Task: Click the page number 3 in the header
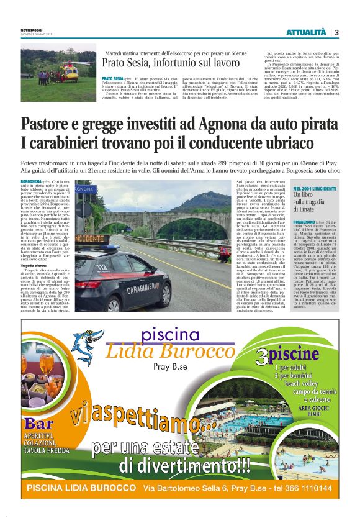[336, 32]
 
